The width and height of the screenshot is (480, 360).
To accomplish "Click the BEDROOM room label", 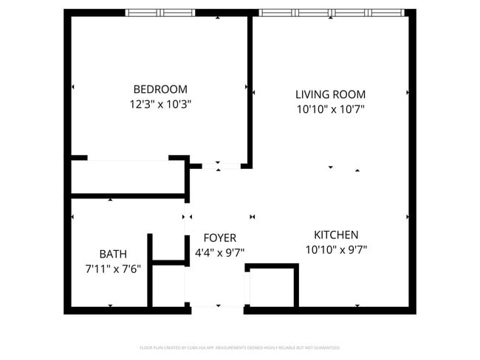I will point(160,89).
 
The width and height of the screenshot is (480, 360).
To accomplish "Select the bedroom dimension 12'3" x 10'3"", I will point(160,105).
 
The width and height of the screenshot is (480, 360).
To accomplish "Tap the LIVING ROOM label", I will point(330,94).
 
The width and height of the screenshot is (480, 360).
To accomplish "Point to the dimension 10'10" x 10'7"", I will point(330,110).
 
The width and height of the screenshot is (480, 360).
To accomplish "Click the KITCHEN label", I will point(336,234).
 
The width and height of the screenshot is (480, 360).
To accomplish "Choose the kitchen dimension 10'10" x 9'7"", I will point(336,249).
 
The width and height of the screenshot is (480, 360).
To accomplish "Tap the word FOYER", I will point(219,238).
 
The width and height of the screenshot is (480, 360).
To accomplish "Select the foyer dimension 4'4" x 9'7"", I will point(219,253).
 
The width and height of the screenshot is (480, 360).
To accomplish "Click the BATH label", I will point(113,254).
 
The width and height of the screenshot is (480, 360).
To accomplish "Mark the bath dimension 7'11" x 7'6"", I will point(113,269).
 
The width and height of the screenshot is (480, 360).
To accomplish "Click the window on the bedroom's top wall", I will point(160,13).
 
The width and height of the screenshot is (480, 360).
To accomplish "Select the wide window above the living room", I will point(331,13).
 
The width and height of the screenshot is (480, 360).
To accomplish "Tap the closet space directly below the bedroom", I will point(127,177).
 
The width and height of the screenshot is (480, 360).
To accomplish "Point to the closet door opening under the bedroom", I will point(128,158).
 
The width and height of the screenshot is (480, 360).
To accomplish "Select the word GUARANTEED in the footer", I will point(325,347).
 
